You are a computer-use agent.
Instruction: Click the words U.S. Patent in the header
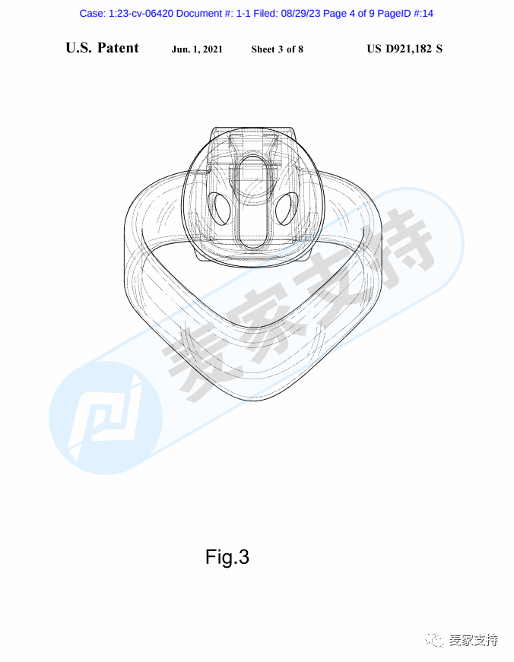click(102, 48)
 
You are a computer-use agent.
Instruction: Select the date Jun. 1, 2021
click(197, 49)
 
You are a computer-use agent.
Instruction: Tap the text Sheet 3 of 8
click(277, 49)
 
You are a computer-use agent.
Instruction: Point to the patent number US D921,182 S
click(405, 49)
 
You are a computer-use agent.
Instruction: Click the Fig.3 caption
click(227, 557)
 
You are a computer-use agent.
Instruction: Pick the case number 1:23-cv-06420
click(141, 14)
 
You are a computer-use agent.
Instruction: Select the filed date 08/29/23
click(300, 14)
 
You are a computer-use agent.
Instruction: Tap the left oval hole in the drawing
click(220, 208)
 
